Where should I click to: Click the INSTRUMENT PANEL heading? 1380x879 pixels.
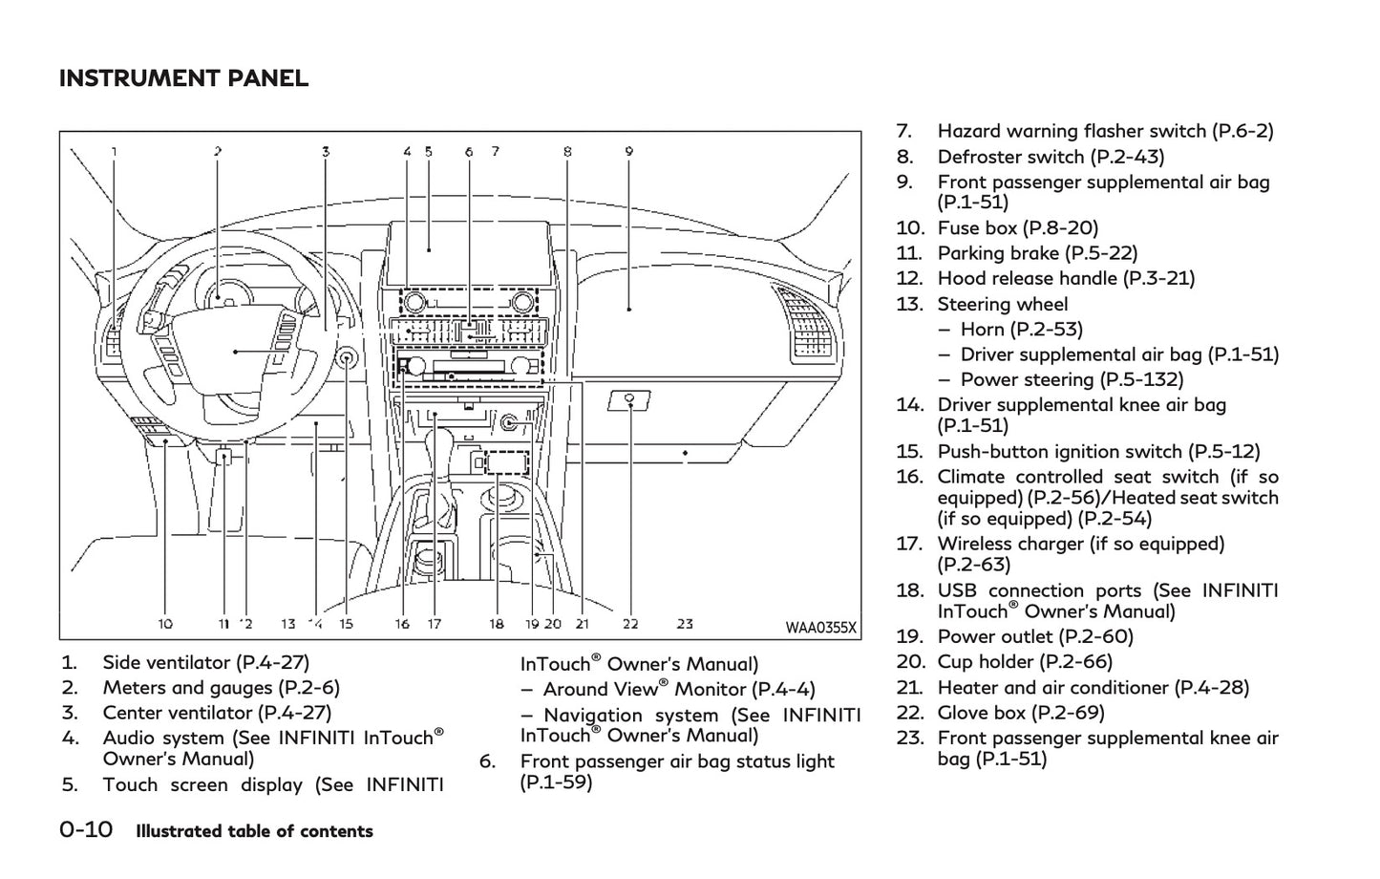(183, 78)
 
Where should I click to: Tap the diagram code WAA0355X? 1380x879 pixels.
(820, 628)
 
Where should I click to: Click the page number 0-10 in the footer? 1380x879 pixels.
(86, 829)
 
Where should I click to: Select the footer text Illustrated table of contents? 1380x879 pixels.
(254, 831)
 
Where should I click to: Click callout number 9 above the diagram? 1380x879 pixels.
(629, 151)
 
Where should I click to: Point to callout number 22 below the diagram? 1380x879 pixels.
(630, 624)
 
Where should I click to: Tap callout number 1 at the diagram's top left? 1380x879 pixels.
(115, 151)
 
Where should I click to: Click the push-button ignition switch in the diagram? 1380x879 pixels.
(347, 359)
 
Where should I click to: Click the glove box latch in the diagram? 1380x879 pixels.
(630, 399)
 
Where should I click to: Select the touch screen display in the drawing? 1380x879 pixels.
(465, 250)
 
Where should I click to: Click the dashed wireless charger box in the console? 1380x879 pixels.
(506, 463)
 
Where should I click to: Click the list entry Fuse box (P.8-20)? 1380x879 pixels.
(1017, 227)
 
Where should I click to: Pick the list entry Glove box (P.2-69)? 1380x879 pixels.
(1020, 713)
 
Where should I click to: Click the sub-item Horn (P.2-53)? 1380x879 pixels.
(1021, 330)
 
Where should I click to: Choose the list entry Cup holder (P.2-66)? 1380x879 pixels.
(1025, 662)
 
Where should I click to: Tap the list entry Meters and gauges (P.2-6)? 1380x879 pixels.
(221, 688)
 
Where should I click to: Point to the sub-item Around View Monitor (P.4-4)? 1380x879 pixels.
(678, 690)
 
